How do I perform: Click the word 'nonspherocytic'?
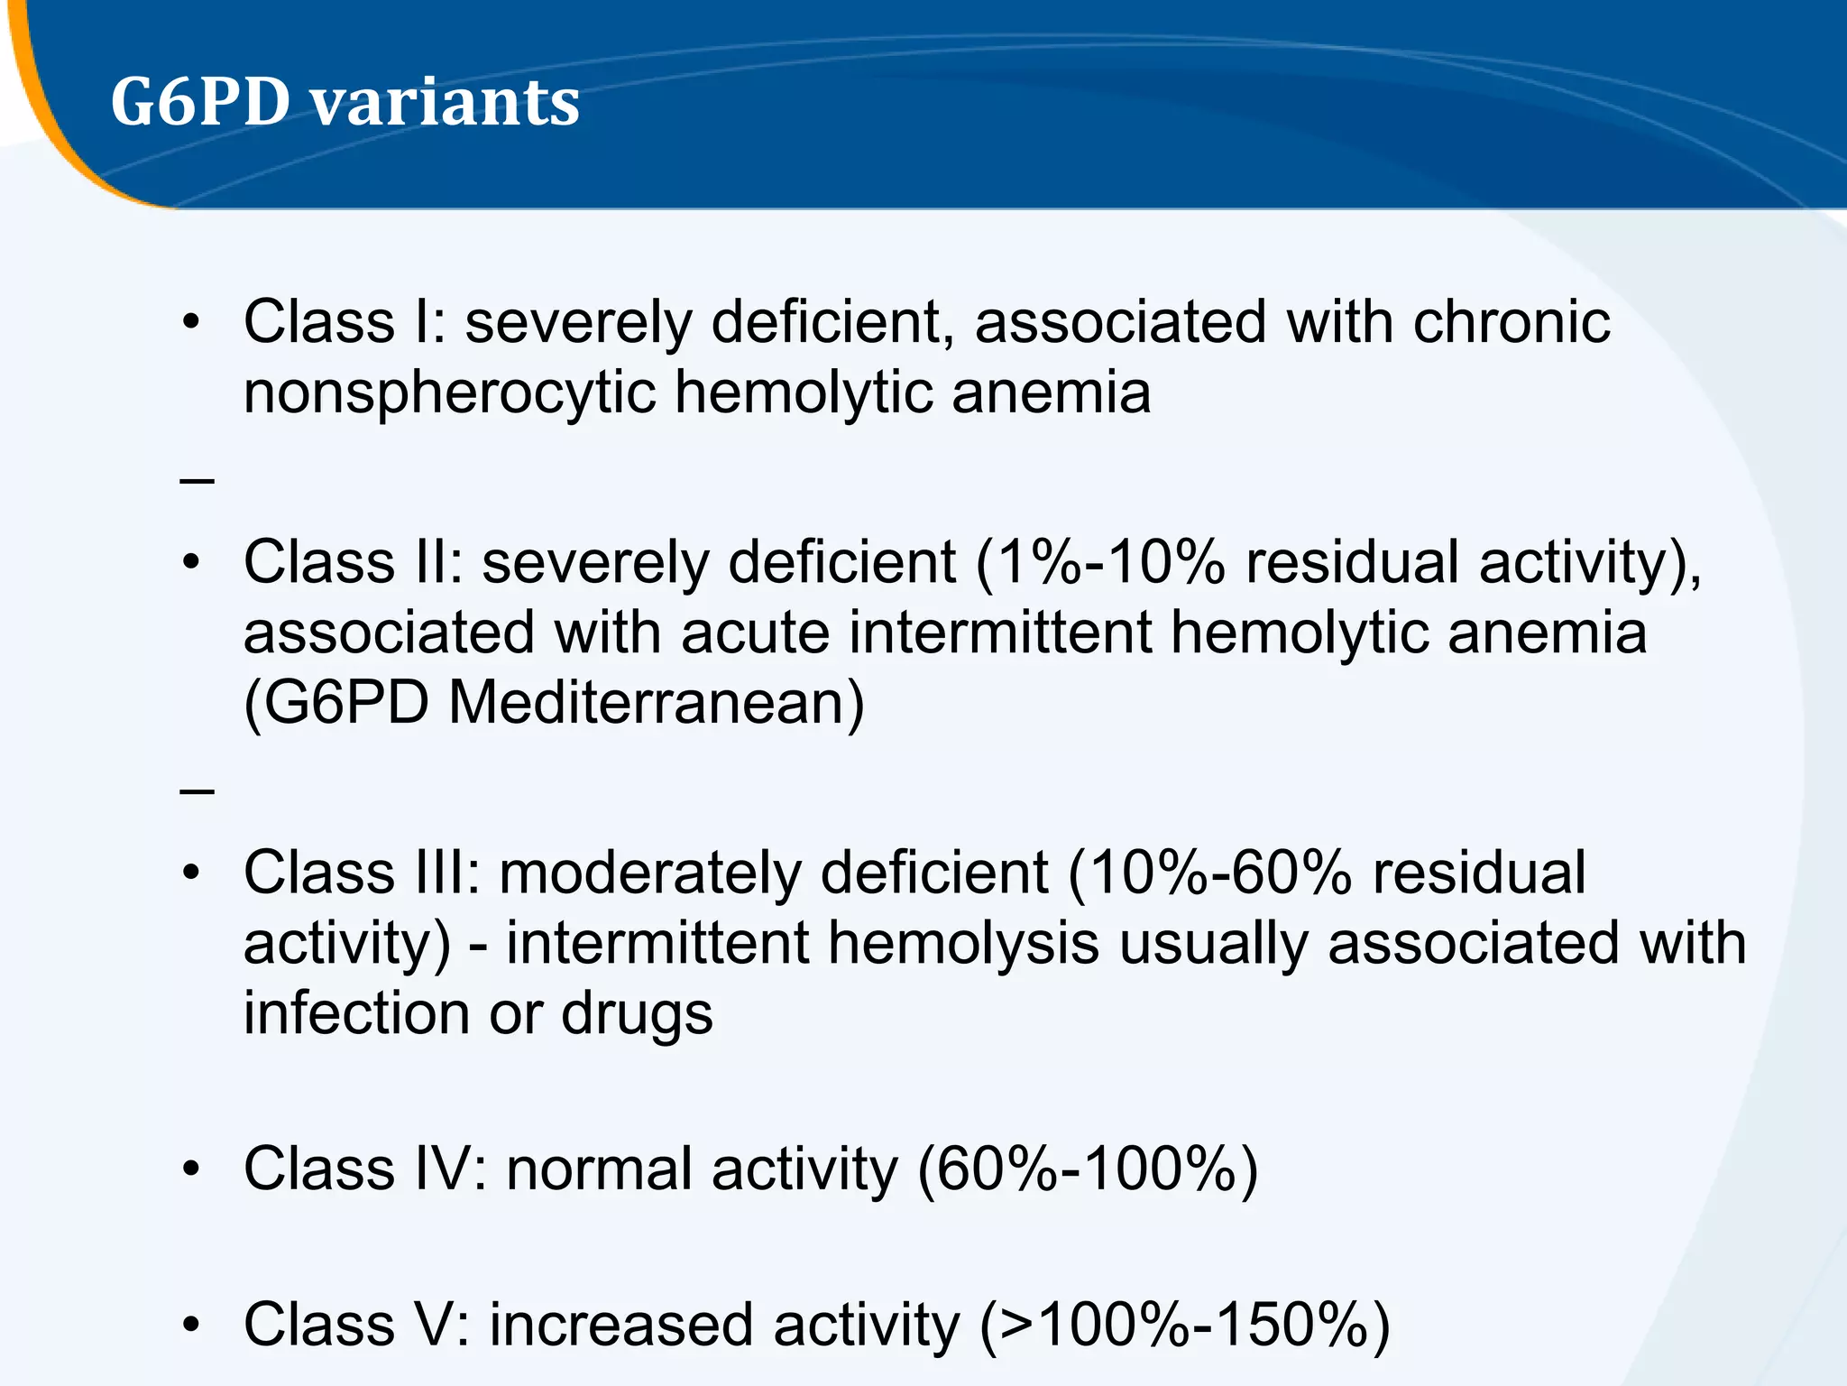point(449,393)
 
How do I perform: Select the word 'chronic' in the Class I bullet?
point(1511,322)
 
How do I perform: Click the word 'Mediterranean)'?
point(656,704)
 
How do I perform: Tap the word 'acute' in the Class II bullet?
point(755,633)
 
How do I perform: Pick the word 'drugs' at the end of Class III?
point(637,1013)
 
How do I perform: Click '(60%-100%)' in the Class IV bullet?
point(1087,1169)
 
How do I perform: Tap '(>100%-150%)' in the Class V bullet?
point(1184,1326)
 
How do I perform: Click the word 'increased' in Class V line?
point(620,1326)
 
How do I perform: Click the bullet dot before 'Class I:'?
point(189,323)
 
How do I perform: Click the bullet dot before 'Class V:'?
point(189,1326)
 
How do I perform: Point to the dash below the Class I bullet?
point(197,480)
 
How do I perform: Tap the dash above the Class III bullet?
point(197,791)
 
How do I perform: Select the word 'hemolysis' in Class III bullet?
point(963,944)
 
